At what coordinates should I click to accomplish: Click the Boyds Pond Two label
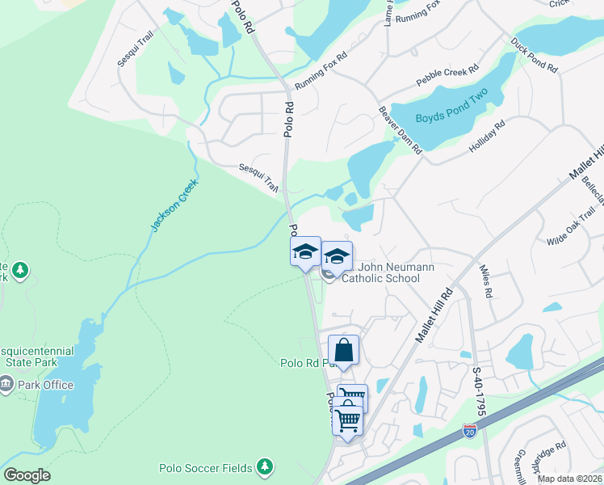tap(452, 118)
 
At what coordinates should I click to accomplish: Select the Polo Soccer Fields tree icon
tap(264, 466)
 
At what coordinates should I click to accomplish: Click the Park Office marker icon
tap(6, 385)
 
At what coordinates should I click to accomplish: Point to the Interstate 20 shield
tap(469, 432)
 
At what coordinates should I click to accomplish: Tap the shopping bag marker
tap(344, 352)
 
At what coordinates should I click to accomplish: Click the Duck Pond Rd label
tap(534, 55)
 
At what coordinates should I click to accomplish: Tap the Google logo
tap(27, 475)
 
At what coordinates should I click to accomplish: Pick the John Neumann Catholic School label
tap(381, 272)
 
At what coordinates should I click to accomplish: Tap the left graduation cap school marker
tap(305, 251)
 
